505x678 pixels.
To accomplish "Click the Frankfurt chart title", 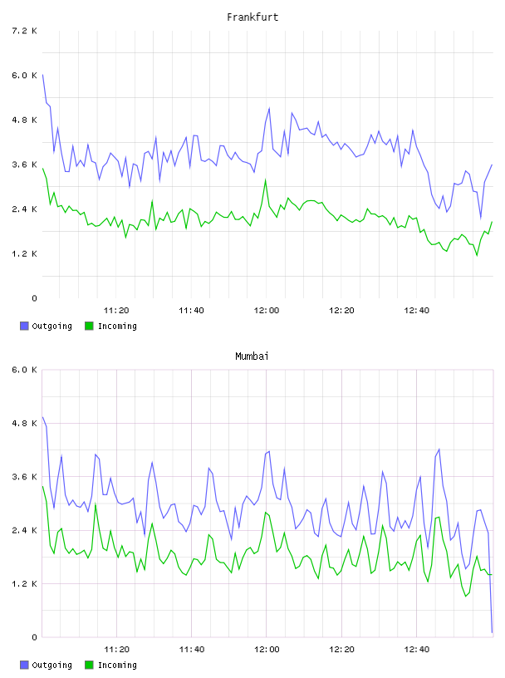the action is point(252,17).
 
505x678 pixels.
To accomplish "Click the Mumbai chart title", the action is point(252,356).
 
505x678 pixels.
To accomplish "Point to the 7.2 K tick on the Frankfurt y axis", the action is point(24,31).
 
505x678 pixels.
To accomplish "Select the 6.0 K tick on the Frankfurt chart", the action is point(24,76).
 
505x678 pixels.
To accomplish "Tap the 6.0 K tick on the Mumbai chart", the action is point(24,370).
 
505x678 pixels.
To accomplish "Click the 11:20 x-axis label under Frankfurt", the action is point(116,311).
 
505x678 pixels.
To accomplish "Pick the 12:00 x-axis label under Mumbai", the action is point(267,650).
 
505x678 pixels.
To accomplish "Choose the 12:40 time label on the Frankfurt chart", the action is point(417,311).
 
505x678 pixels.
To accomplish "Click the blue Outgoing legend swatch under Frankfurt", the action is point(24,326).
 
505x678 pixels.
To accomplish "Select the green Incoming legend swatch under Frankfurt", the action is point(89,326).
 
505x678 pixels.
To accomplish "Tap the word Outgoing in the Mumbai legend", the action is point(51,665).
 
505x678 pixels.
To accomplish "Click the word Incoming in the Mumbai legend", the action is point(117,665).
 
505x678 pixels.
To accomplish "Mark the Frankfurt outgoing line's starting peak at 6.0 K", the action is point(42,75).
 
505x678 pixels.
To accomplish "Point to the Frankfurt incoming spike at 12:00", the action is point(266,179).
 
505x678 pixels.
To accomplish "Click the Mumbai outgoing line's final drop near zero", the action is point(492,632).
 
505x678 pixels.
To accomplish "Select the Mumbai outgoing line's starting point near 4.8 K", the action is point(42,417).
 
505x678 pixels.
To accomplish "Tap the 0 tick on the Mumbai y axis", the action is point(34,637).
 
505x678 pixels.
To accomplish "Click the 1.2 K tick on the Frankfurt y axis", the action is point(24,253).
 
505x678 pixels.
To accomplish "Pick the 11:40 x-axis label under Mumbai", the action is point(192,650).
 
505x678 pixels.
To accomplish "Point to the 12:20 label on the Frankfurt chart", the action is point(341,311).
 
